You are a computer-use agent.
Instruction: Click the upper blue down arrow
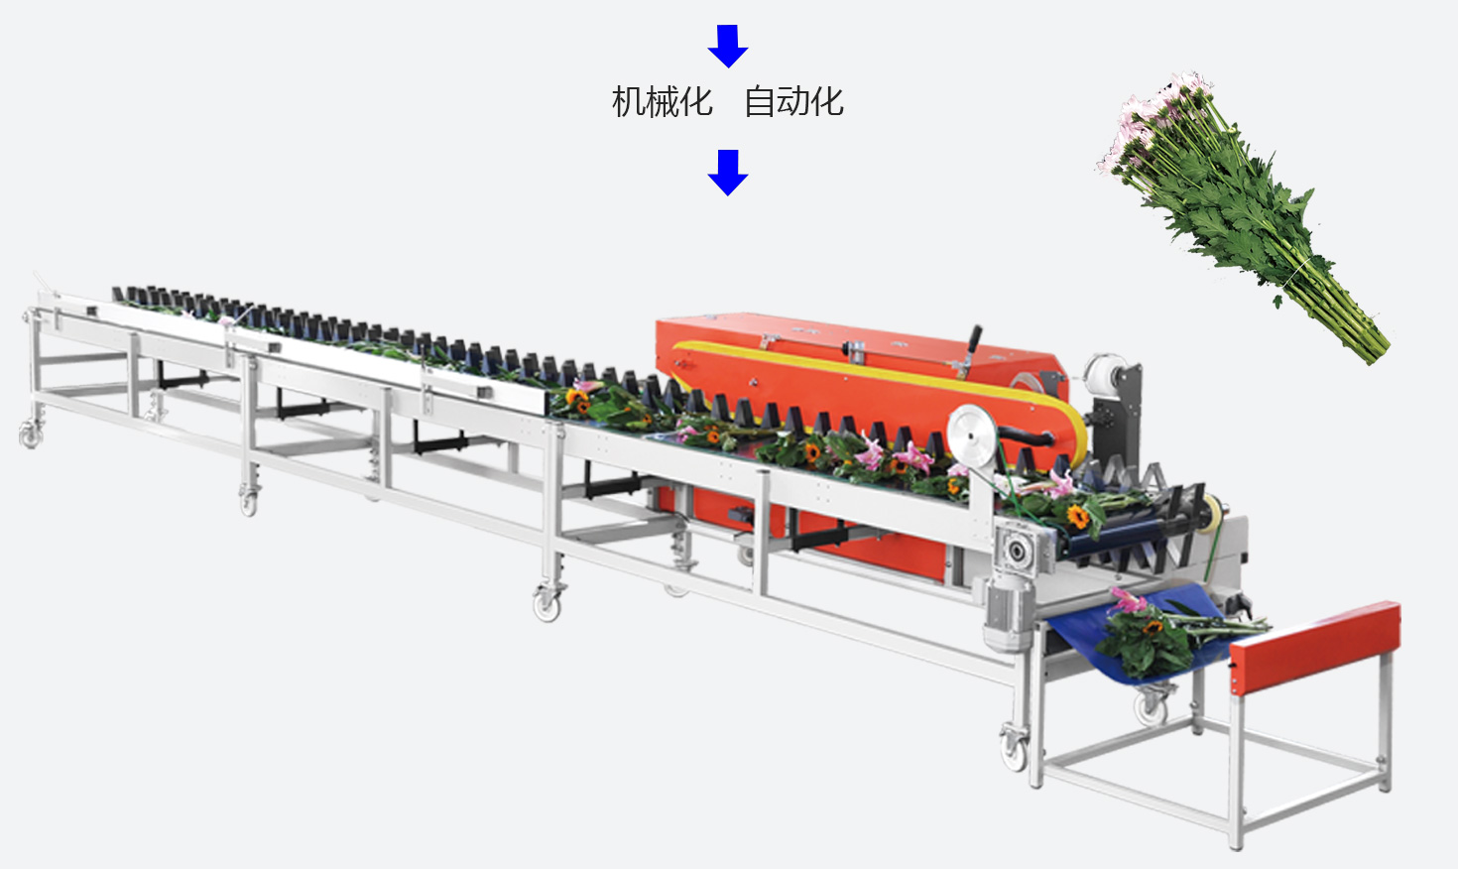click(728, 46)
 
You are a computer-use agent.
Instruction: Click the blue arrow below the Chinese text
click(728, 173)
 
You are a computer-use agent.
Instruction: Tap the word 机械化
click(662, 101)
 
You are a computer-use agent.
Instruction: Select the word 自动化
click(794, 101)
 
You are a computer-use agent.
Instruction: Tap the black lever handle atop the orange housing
click(974, 340)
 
